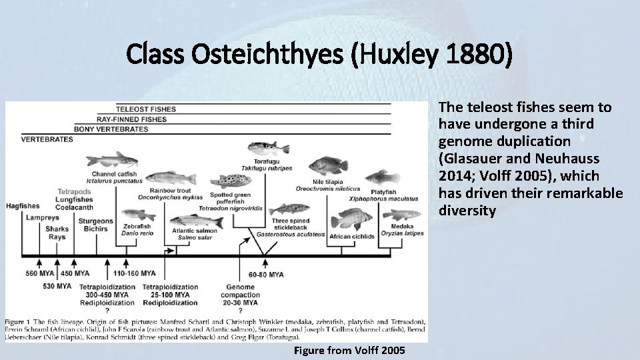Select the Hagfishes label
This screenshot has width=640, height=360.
[x=22, y=206]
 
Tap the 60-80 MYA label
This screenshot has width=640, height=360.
[x=266, y=274]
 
